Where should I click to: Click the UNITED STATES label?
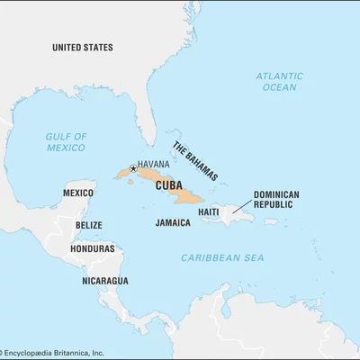click(x=82, y=47)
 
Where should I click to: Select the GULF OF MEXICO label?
click(x=66, y=141)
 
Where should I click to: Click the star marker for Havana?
click(x=133, y=167)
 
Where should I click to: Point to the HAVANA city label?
click(x=155, y=165)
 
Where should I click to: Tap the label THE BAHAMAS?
click(x=194, y=161)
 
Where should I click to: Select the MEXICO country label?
click(x=78, y=193)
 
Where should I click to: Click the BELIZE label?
click(x=88, y=225)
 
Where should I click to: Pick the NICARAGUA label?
click(x=105, y=280)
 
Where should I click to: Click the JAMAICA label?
click(x=173, y=222)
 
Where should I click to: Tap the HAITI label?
click(x=209, y=211)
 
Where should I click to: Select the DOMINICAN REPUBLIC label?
click(x=276, y=199)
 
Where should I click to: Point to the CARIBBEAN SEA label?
click(x=221, y=257)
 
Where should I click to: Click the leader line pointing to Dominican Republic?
click(x=241, y=210)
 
